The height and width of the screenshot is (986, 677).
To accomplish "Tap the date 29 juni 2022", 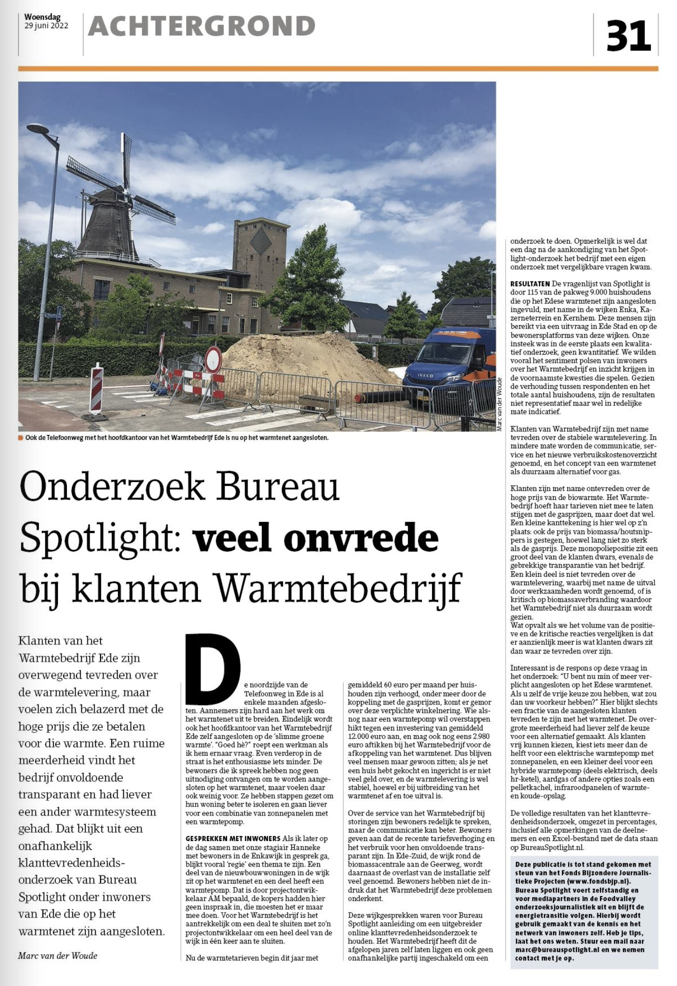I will (46, 26).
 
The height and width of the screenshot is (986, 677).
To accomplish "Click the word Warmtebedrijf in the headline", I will (338, 588).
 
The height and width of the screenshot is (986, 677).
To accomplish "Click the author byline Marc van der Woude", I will (57, 955).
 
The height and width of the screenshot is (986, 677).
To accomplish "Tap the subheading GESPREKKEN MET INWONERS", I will (232, 838).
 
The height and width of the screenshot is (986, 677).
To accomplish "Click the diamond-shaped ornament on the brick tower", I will (260, 241).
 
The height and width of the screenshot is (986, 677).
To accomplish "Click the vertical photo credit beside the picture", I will (499, 404).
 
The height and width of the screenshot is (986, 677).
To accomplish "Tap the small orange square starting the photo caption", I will (20, 438).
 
